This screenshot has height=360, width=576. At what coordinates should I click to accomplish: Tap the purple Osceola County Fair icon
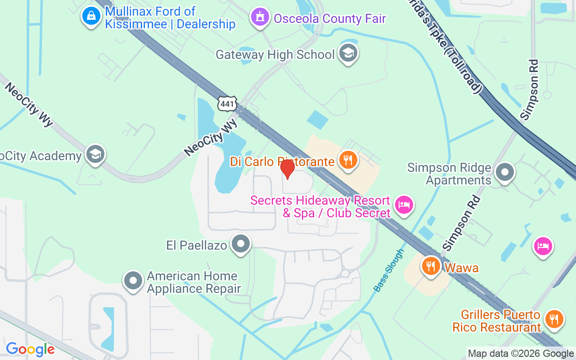point(260,17)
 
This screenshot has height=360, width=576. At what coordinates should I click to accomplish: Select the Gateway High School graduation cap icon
point(348,54)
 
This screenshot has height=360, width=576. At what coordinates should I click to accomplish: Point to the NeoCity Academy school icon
point(95,154)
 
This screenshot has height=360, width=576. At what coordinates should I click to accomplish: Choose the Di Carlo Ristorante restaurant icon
point(347,159)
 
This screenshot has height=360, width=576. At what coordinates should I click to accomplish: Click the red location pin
point(287,169)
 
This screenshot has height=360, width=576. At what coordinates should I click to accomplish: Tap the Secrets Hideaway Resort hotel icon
point(404,205)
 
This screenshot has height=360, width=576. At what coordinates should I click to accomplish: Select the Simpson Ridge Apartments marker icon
point(504,172)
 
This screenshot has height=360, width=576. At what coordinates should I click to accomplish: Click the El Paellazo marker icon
point(241,244)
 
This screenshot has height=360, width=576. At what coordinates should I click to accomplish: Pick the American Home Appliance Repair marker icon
point(133,281)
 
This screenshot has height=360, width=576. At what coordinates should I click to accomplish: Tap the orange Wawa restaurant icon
point(431,266)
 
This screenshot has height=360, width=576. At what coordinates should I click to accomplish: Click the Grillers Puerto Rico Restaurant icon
point(554,319)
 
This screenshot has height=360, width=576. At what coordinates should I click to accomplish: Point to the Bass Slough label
point(389,270)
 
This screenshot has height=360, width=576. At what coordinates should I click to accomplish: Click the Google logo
point(30,349)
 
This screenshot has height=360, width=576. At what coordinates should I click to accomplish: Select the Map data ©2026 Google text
point(521,354)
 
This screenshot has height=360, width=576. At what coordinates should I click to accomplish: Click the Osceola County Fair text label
point(330,18)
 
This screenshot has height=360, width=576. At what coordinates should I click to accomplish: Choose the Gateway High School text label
point(275,54)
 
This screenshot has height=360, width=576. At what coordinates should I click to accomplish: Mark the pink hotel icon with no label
point(543,246)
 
